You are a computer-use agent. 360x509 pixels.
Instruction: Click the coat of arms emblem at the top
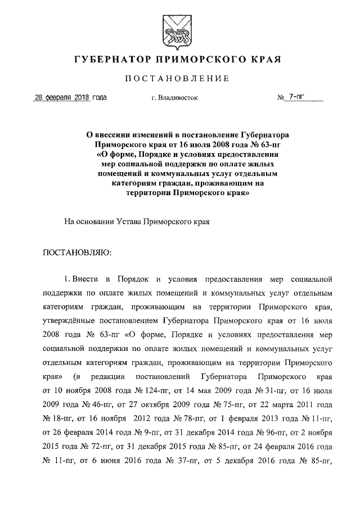pos(179,31)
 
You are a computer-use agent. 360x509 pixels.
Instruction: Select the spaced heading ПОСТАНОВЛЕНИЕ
pos(179,78)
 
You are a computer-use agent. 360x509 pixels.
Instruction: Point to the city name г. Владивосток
pos(175,98)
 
